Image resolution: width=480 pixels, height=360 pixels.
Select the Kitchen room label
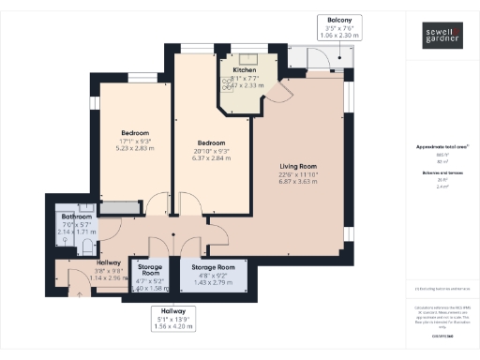(245, 70)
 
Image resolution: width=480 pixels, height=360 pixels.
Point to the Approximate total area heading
(441, 147)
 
